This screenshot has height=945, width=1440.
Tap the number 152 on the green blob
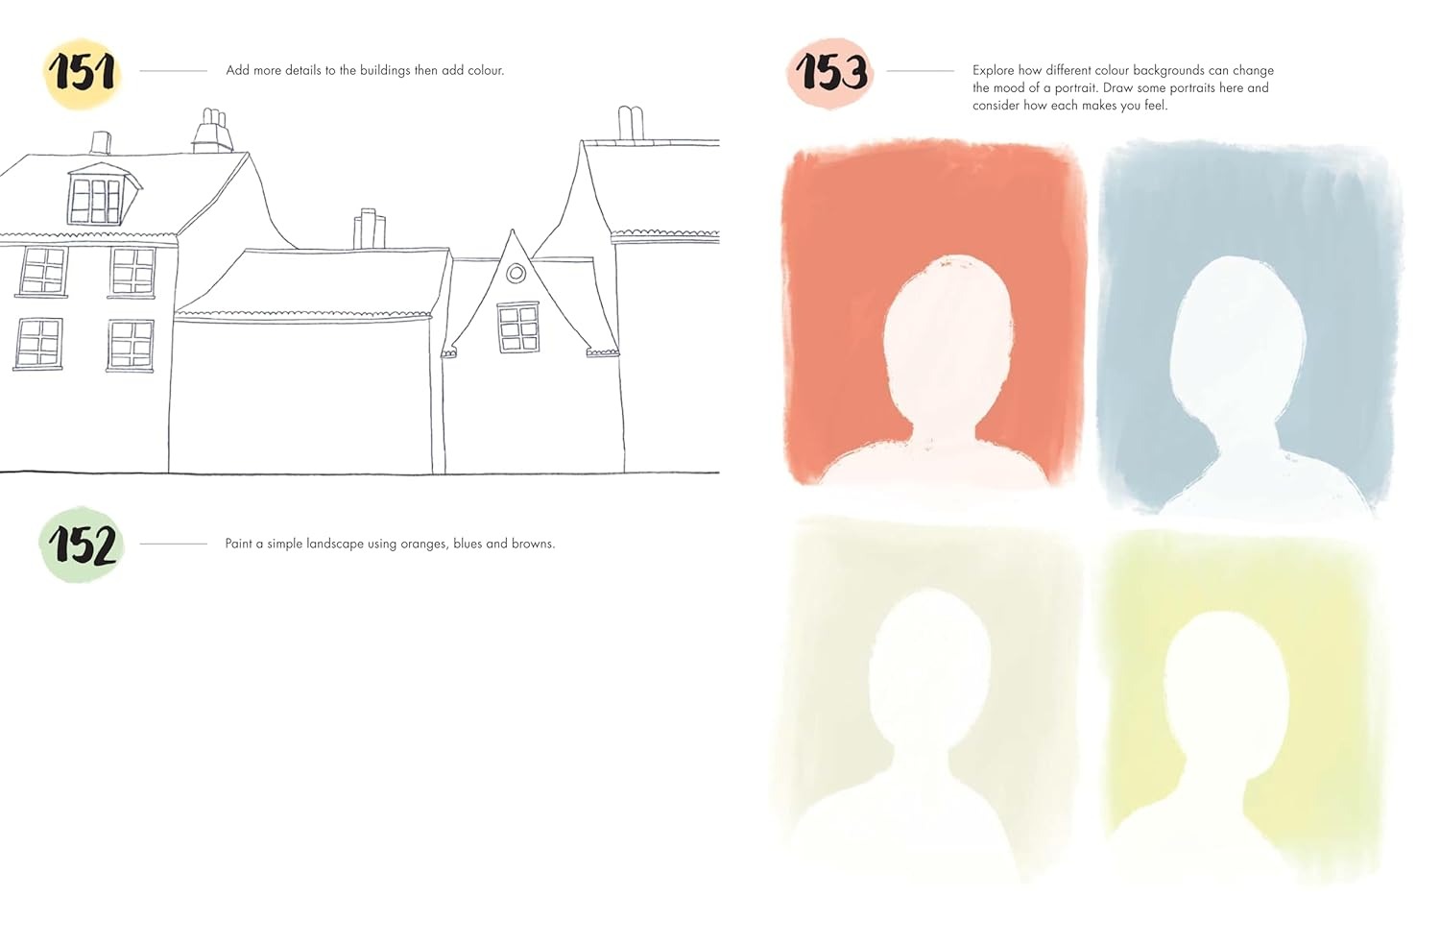pyautogui.click(x=83, y=545)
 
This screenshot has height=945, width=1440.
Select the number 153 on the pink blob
pyautogui.click(x=831, y=71)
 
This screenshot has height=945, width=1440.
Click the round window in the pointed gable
pyautogui.click(x=516, y=274)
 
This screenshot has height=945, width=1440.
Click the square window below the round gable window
pyautogui.click(x=518, y=328)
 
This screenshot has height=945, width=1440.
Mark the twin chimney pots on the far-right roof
pyautogui.click(x=631, y=123)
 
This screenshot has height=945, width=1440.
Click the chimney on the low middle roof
pyautogui.click(x=369, y=229)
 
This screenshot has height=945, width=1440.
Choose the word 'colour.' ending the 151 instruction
pyautogui.click(x=486, y=71)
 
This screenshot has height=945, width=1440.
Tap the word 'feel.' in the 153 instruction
pyautogui.click(x=1155, y=106)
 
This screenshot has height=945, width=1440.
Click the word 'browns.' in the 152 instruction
pyautogui.click(x=534, y=545)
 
